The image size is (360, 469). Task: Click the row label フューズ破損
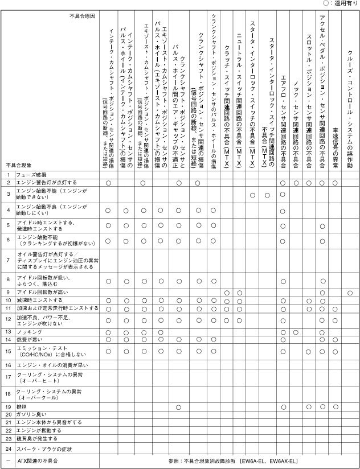[x=35, y=174]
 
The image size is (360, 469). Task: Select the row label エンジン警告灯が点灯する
[x=46, y=182]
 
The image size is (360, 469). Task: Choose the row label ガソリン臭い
[x=30, y=414]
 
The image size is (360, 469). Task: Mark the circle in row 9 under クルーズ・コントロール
[x=350, y=292]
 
